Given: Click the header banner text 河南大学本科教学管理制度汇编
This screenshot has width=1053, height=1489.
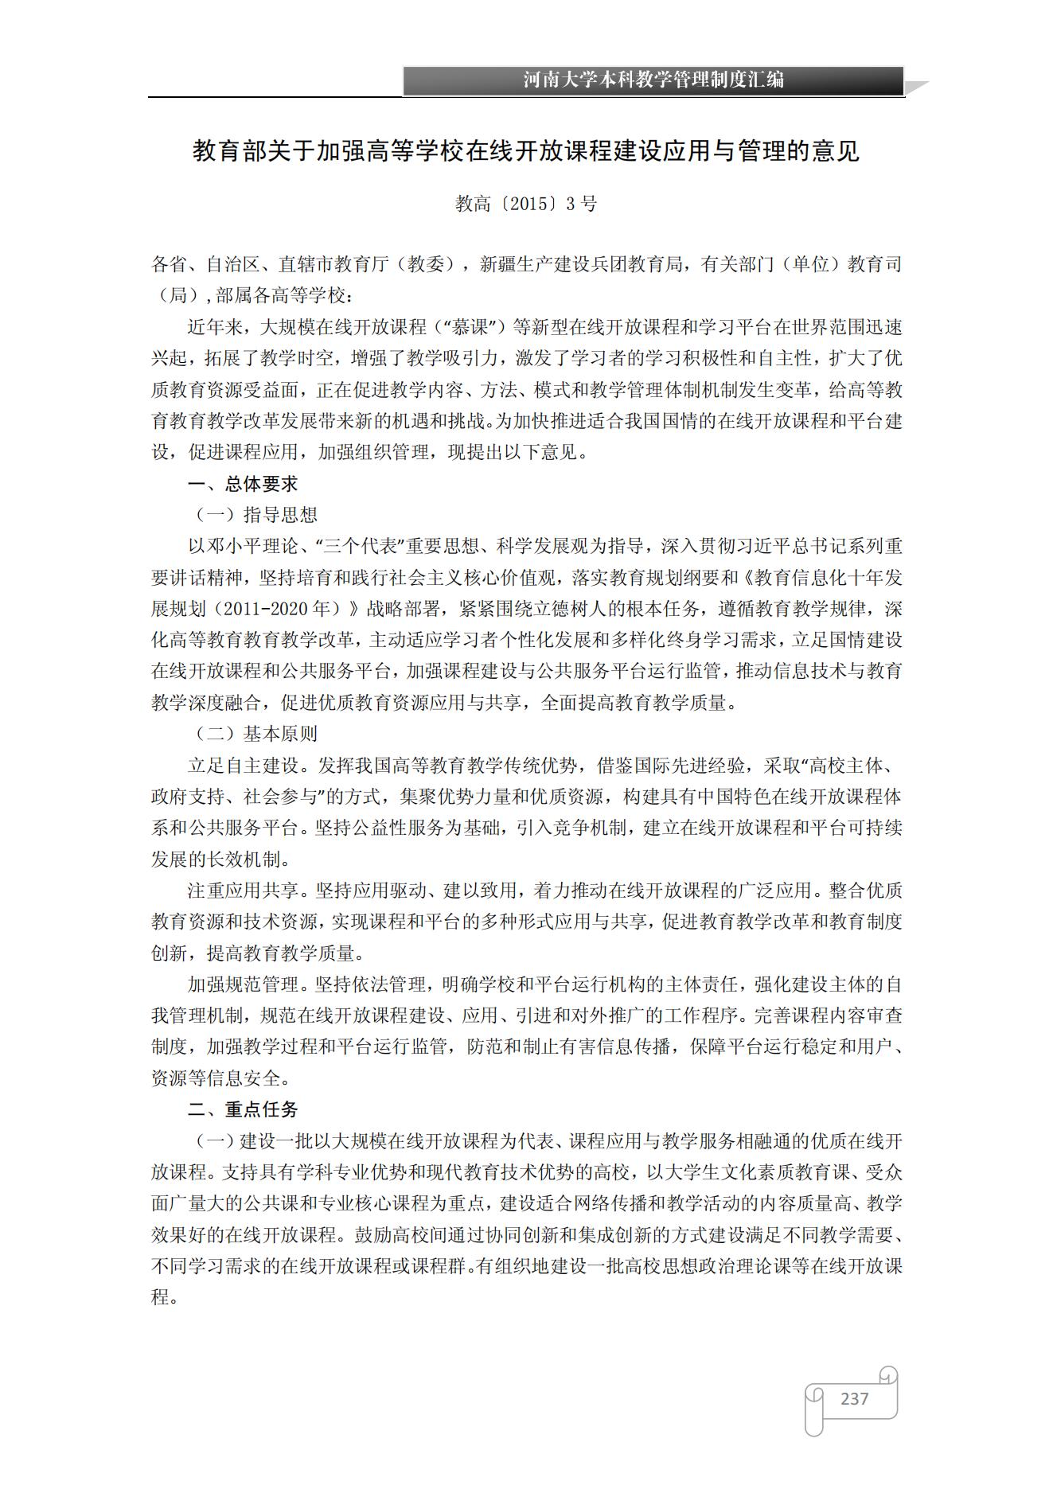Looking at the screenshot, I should [x=653, y=80].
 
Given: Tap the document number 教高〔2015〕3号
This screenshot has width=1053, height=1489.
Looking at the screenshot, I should [x=526, y=204].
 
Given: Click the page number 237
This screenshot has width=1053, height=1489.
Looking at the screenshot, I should [x=854, y=1398].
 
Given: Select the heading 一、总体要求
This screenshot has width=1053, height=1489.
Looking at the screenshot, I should [x=243, y=484].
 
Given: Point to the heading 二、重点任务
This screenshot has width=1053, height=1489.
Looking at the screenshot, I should [x=243, y=1109].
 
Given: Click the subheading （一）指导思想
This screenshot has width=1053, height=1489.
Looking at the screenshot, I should [x=256, y=515].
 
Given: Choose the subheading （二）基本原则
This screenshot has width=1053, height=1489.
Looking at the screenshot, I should [x=256, y=734].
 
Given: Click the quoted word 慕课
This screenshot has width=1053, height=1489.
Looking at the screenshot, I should [x=474, y=327].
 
